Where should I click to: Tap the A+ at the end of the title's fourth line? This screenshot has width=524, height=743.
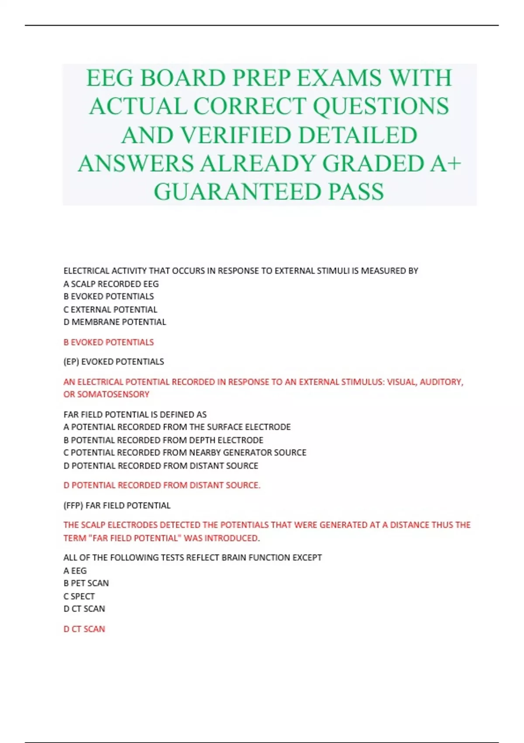pyautogui.click(x=446, y=163)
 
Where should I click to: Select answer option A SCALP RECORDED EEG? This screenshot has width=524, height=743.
pyautogui.click(x=111, y=284)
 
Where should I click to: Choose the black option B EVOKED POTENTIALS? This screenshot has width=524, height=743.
pyautogui.click(x=109, y=296)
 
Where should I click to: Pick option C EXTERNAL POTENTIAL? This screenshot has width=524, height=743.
pyautogui.click(x=110, y=309)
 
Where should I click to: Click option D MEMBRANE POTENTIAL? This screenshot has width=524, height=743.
pyautogui.click(x=114, y=322)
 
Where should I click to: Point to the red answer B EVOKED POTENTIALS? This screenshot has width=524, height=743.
pyautogui.click(x=109, y=342)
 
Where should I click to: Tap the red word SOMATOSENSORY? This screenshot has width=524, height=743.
pyautogui.click(x=113, y=394)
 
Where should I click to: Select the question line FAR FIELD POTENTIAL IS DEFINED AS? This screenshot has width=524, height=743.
pyautogui.click(x=135, y=414)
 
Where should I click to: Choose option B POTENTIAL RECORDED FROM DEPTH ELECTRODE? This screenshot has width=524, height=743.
pyautogui.click(x=163, y=440)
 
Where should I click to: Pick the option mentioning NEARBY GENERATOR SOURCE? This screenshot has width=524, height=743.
pyautogui.click(x=185, y=453)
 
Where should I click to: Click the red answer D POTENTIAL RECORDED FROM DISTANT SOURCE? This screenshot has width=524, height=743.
pyautogui.click(x=162, y=485)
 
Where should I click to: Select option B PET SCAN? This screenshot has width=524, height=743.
pyautogui.click(x=86, y=583)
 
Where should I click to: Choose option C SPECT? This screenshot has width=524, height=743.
pyautogui.click(x=79, y=596)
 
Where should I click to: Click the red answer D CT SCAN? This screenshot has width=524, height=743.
pyautogui.click(x=84, y=629)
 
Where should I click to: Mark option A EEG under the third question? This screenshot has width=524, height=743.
pyautogui.click(x=75, y=571)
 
